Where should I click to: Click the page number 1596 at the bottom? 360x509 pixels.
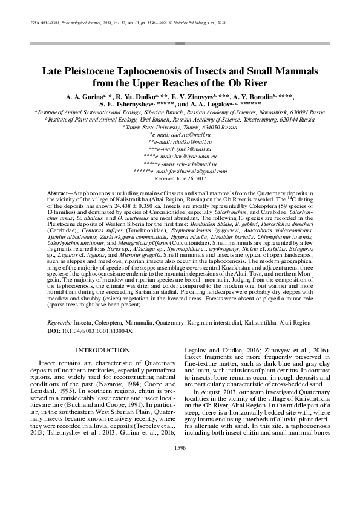pyautogui.click(x=180, y=464)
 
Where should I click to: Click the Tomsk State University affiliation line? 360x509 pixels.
pyautogui.click(x=180, y=128)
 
